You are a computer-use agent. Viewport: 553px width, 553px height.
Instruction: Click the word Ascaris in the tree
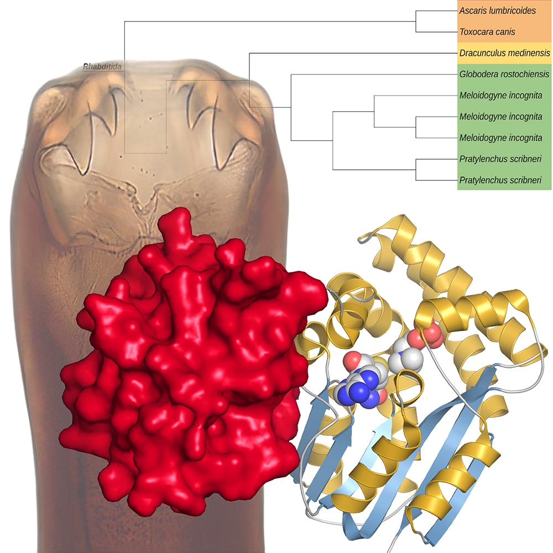(x=473, y=11)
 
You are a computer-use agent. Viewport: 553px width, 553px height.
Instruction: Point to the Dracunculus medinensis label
(x=504, y=53)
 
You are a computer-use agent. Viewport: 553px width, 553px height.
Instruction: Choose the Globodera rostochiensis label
(x=504, y=74)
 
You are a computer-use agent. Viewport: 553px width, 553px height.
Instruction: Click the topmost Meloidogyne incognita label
(x=500, y=95)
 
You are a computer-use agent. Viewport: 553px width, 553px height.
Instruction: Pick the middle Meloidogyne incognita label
(x=500, y=117)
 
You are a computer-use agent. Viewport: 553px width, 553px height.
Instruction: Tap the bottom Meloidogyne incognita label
(x=500, y=138)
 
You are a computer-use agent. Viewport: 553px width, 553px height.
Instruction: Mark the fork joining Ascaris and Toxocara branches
(x=416, y=21)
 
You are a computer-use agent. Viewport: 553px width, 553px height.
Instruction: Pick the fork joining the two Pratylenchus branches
(x=416, y=169)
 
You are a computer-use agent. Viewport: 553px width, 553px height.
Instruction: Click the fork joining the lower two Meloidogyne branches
(x=416, y=127)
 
